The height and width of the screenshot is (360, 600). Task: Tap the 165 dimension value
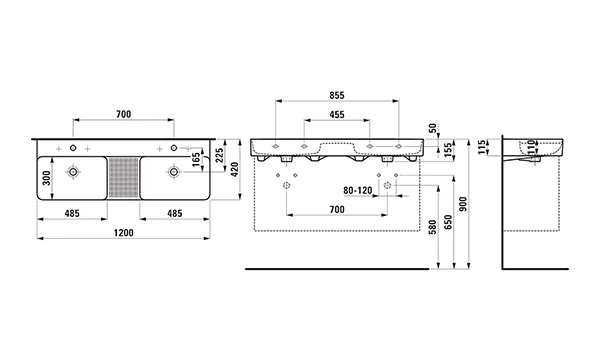point(196,160)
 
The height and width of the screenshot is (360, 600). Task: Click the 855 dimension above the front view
point(337,95)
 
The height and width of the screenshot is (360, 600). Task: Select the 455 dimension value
point(337,115)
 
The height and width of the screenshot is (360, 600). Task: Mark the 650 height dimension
point(449,229)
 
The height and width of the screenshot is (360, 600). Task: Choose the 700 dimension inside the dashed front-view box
point(337,209)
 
